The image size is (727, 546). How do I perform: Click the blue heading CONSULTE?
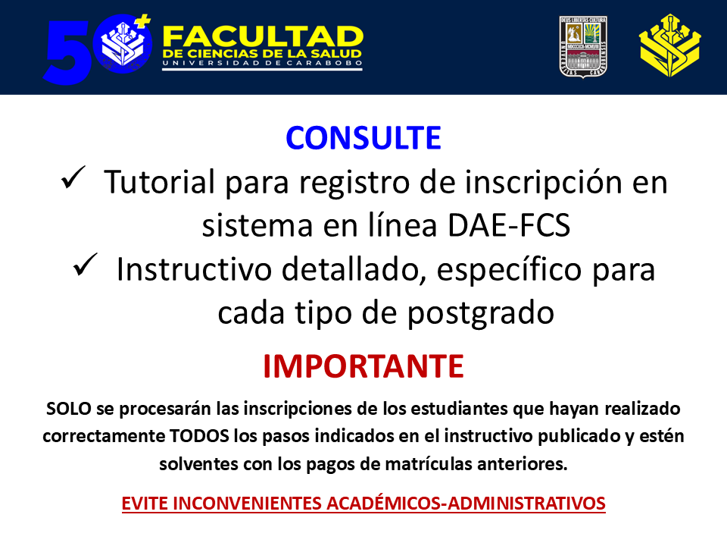(x=363, y=138)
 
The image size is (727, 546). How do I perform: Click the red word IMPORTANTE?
(x=363, y=366)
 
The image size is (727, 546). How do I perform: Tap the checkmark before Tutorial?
(x=73, y=177)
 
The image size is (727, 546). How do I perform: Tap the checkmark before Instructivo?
(x=86, y=265)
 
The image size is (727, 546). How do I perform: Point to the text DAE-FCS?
(x=509, y=226)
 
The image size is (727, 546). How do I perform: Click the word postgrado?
(x=481, y=313)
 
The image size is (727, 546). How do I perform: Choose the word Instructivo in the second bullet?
(x=194, y=269)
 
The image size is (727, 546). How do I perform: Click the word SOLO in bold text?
(x=69, y=409)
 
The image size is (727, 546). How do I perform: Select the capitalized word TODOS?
(x=199, y=437)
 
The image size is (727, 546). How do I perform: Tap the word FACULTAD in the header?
(x=263, y=36)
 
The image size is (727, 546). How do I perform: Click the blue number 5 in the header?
(x=67, y=52)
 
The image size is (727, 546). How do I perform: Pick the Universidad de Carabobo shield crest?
(x=583, y=47)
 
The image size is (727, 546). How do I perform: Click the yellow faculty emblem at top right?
(x=670, y=45)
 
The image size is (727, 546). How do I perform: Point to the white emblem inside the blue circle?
(x=123, y=43)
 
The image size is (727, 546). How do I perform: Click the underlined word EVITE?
(x=145, y=504)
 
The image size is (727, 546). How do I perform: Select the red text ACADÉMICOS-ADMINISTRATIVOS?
(x=466, y=504)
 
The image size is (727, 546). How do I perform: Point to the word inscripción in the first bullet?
(x=541, y=183)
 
